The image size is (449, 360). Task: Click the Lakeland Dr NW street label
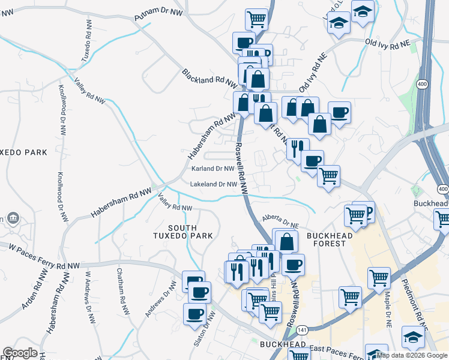coord(214,184)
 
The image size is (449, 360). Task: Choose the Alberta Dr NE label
coord(280,221)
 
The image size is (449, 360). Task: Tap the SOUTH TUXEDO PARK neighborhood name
coord(190,232)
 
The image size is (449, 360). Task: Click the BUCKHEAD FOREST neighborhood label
coord(327,239)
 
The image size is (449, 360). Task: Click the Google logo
coord(20,353)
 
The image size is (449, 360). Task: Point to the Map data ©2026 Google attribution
coord(412,355)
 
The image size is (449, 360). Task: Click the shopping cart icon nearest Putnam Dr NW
coord(257,18)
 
